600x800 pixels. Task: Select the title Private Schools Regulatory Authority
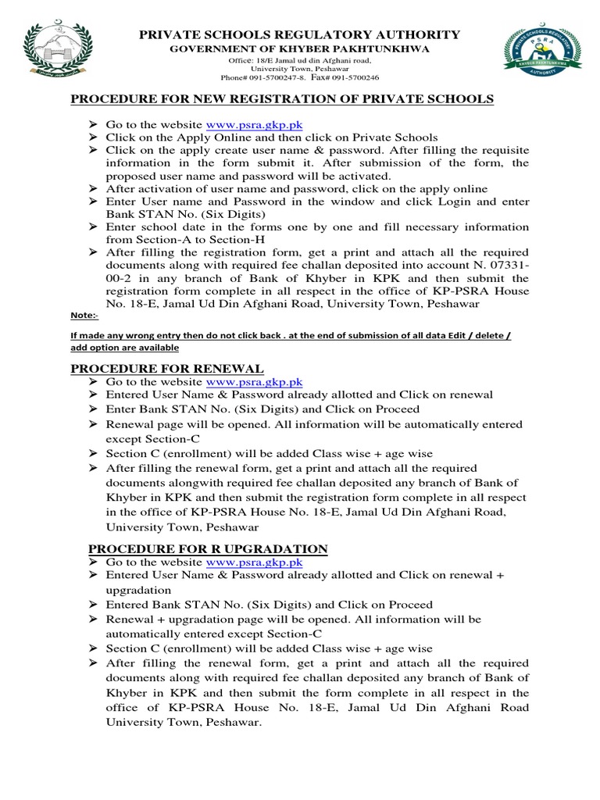(x=299, y=34)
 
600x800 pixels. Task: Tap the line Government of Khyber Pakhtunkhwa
(x=299, y=48)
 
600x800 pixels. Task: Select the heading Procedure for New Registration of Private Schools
(x=282, y=98)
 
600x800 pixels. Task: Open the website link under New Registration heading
(x=254, y=124)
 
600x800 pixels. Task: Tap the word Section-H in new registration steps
(x=266, y=240)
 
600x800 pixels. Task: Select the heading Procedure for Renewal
(x=167, y=368)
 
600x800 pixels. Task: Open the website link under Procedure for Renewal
(x=254, y=382)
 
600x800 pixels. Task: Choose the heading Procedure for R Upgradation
(x=199, y=548)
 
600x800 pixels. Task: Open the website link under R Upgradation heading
(x=254, y=562)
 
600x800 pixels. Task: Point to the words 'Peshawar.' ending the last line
(x=234, y=722)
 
